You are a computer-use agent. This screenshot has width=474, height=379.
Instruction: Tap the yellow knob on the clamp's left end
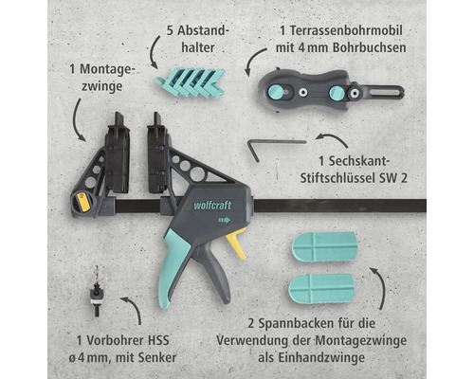tap(82, 200)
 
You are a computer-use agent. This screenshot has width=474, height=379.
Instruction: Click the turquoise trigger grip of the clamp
tap(180, 265)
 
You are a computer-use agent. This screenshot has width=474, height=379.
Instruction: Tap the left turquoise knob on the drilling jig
tap(276, 92)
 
